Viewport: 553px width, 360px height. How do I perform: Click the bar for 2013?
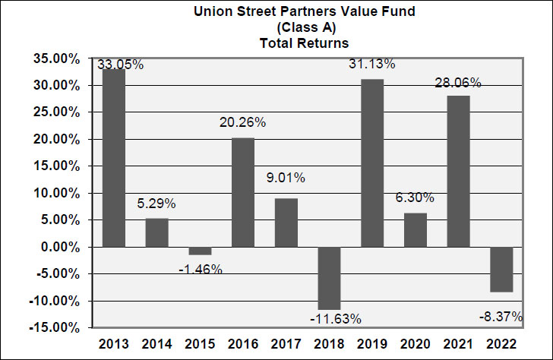pyautogui.click(x=113, y=158)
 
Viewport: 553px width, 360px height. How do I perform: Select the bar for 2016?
pyautogui.click(x=243, y=192)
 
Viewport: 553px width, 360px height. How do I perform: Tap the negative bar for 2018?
pyautogui.click(x=329, y=278)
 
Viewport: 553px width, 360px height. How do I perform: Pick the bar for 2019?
pyautogui.click(x=372, y=163)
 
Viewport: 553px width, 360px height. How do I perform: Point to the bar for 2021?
pyautogui.click(x=459, y=172)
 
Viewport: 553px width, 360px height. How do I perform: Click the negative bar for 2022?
pyautogui.click(x=501, y=269)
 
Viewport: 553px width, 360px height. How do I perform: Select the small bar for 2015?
pyautogui.click(x=200, y=251)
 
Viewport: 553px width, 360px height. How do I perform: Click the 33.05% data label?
pyautogui.click(x=121, y=65)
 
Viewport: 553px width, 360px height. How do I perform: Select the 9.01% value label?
pyautogui.click(x=286, y=178)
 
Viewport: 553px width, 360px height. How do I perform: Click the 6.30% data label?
pyautogui.click(x=415, y=197)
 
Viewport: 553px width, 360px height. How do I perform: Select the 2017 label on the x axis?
pyautogui.click(x=286, y=343)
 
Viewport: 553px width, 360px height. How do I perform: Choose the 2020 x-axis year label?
pyautogui.click(x=415, y=343)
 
